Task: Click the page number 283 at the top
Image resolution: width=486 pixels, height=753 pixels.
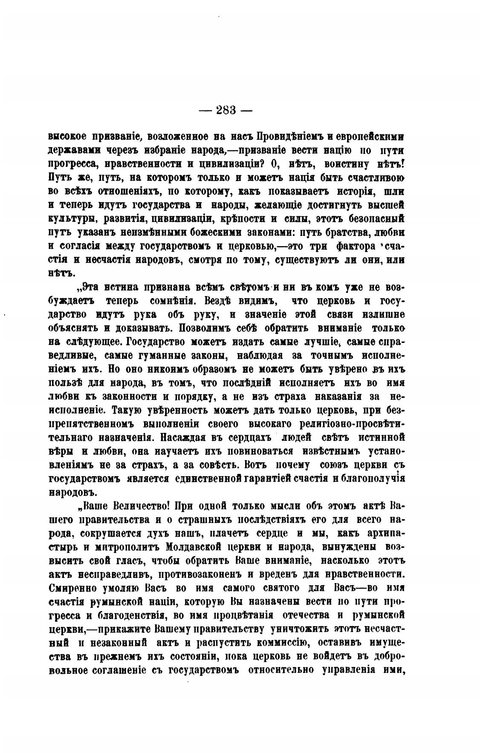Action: click(x=226, y=110)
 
